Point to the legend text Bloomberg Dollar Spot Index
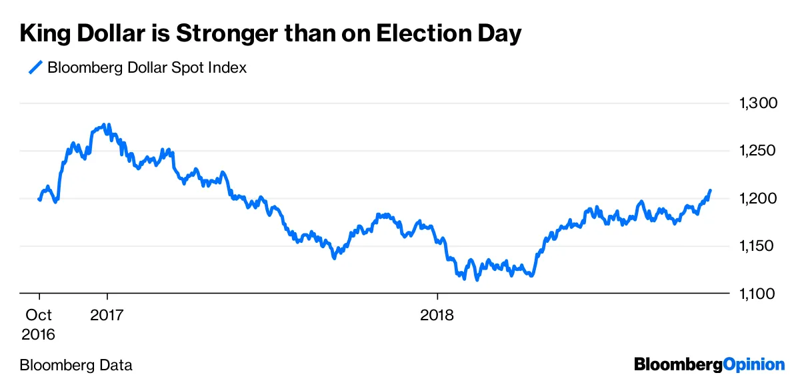point(147,67)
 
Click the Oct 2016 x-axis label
point(39,324)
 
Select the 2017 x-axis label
point(107,314)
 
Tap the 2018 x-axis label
point(437,314)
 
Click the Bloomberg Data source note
point(76,365)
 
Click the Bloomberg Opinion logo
point(709,364)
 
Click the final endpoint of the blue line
point(710,190)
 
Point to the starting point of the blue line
point(39,199)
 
